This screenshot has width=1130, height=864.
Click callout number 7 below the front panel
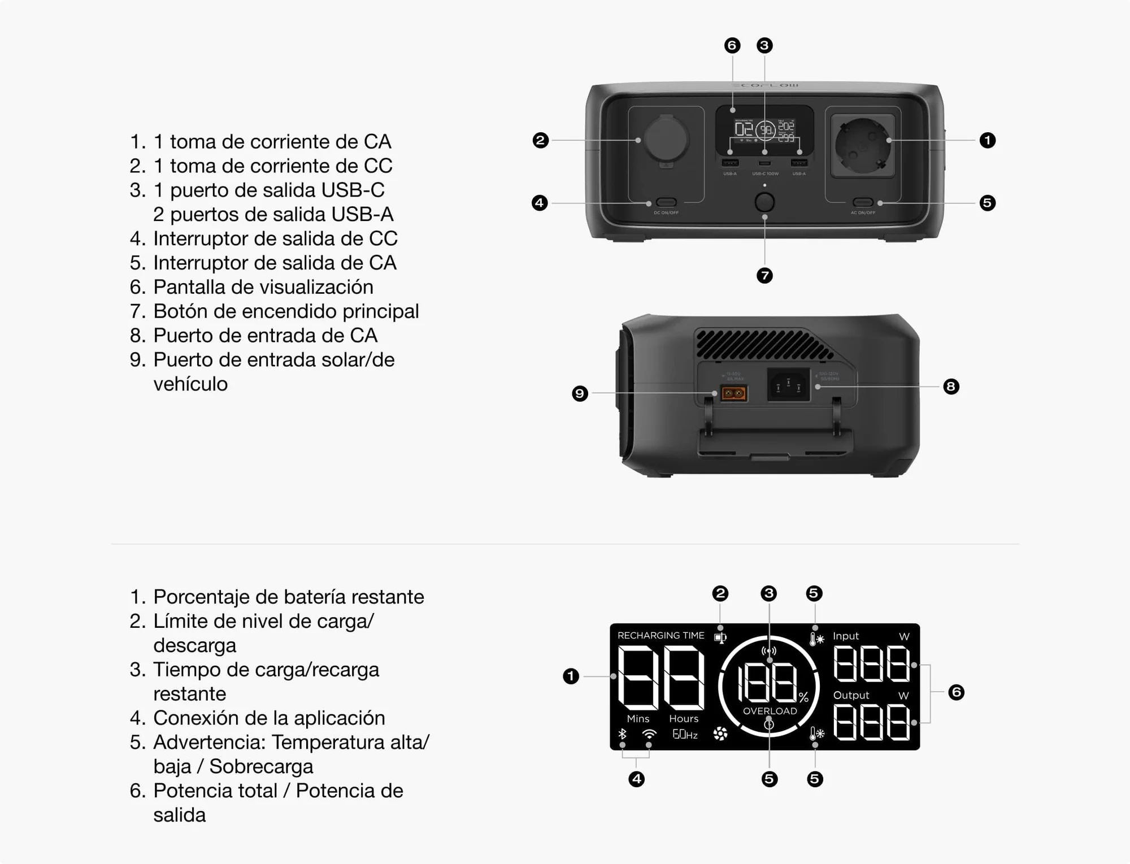point(764,276)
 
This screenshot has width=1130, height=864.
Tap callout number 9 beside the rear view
point(580,393)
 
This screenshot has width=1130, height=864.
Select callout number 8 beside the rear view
point(951,387)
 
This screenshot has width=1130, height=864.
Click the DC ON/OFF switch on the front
point(666,202)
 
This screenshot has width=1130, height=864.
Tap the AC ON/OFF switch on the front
point(863,202)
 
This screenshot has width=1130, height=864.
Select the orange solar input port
point(733,393)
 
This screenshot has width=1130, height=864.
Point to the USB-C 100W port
point(764,163)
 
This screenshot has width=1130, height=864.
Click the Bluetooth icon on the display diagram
point(622,734)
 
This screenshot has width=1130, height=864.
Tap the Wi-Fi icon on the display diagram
point(649,734)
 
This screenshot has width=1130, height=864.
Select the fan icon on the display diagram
point(720,734)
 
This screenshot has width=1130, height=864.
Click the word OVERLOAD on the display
point(770,711)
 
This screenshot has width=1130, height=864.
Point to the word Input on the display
point(845,636)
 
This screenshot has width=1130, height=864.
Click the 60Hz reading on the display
point(685,735)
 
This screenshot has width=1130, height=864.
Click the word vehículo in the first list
point(190,384)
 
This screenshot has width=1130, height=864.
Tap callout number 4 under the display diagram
point(636,779)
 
